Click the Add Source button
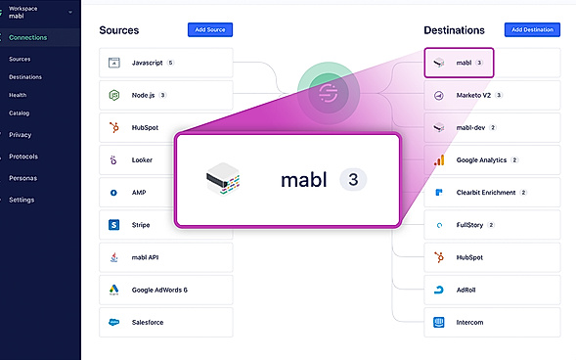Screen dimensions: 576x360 pos(209,29)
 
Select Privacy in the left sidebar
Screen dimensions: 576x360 pos(21,134)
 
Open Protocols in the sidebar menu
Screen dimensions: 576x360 pos(23,157)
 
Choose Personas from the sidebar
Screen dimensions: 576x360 pos(23,178)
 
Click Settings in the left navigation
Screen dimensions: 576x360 pos(22,200)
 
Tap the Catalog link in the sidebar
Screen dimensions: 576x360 pos(19,112)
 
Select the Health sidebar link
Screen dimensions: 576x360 pos(18,94)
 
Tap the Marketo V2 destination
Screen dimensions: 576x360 pos(491,95)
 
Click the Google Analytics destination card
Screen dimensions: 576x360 pos(491,159)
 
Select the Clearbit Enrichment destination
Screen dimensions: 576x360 pos(491,192)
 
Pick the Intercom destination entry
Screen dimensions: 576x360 pos(491,322)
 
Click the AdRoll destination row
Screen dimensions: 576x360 pos(491,290)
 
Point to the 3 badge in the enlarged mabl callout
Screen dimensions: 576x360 pos(352,180)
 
